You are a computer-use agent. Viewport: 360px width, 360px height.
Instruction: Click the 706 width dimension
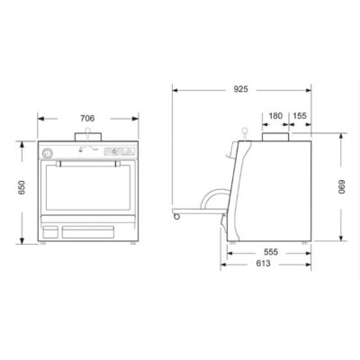click(x=87, y=119)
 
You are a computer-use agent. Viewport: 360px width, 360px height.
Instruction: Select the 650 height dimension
click(x=22, y=187)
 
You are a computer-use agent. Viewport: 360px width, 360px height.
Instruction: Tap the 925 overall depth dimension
click(x=241, y=89)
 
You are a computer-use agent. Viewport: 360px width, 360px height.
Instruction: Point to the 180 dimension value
click(x=275, y=116)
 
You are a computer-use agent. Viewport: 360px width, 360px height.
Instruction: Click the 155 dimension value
click(x=300, y=116)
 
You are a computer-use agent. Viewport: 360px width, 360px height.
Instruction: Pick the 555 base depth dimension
click(x=271, y=252)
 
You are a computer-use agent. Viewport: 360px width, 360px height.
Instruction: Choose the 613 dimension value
click(x=263, y=264)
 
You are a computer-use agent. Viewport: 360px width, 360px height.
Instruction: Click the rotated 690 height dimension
click(x=342, y=187)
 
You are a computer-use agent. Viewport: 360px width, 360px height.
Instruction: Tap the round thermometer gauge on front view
click(x=47, y=153)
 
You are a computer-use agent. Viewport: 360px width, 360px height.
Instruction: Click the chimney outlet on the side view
click(x=275, y=137)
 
